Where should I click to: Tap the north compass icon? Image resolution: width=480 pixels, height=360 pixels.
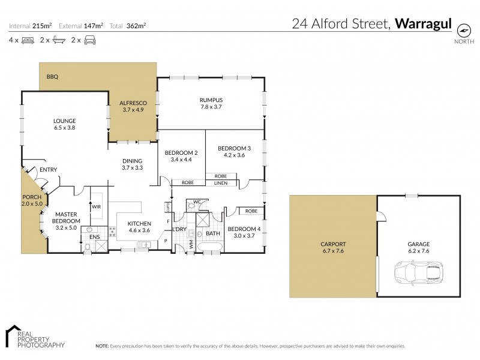pos(464,30)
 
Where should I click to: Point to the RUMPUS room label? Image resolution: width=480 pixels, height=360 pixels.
pos(211,100)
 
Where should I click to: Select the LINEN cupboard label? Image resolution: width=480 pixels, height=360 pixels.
pos(220,182)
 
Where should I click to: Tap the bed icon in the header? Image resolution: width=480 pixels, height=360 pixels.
pos(28,40)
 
